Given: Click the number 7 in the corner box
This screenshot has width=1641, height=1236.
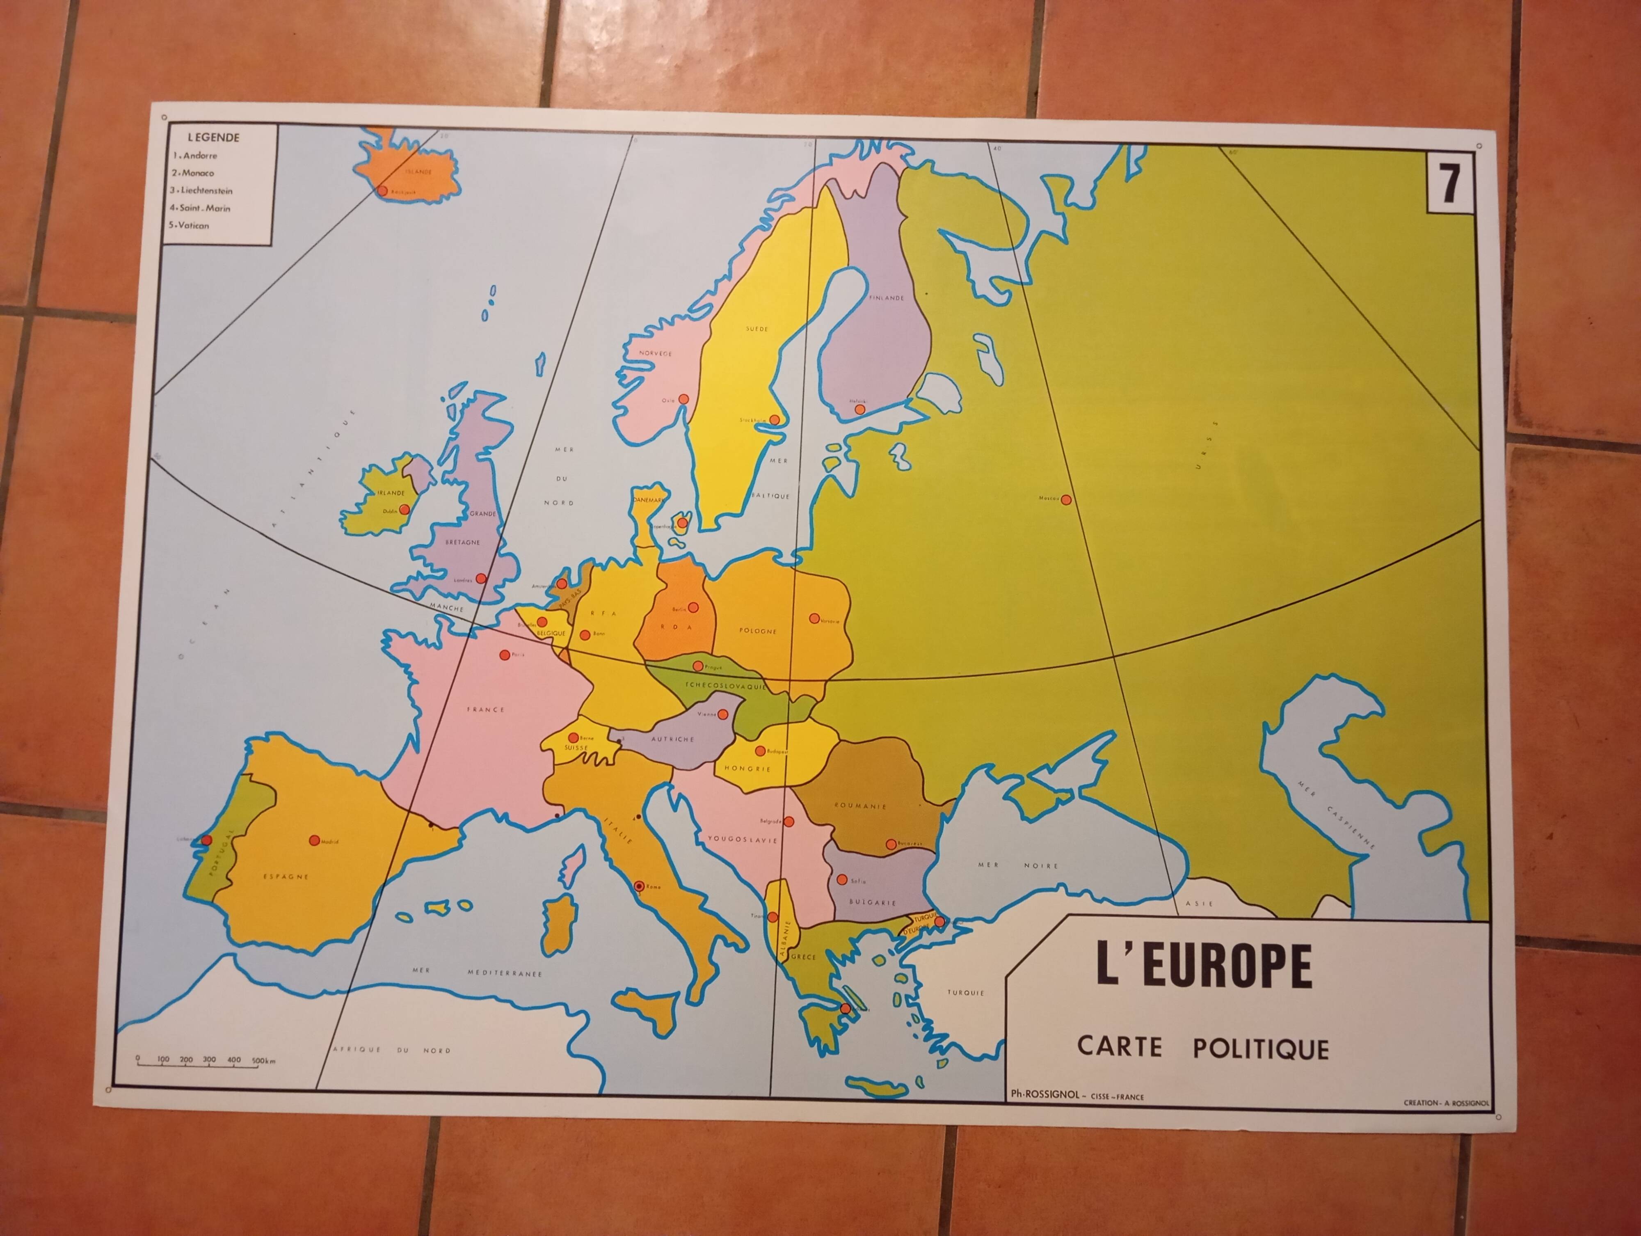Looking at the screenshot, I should [x=1449, y=183].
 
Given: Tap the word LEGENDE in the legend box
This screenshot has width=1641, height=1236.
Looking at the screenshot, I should [x=214, y=137].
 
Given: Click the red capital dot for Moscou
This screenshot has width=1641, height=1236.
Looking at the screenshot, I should [x=1066, y=500].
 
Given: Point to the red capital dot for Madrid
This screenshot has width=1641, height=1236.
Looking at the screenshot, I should [x=315, y=840].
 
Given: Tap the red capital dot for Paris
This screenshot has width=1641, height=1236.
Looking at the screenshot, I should [x=505, y=655].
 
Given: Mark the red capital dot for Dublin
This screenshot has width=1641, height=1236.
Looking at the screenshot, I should [x=405, y=510].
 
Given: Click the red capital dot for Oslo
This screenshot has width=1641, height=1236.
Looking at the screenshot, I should [x=684, y=399].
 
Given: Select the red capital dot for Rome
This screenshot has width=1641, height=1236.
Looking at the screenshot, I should [x=639, y=886].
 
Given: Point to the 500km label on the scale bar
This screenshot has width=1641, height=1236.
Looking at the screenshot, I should [x=263, y=1061].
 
